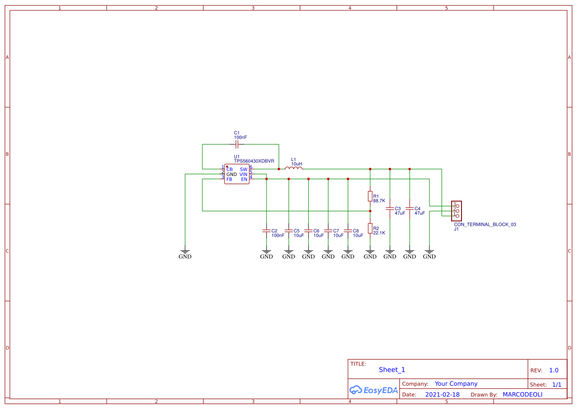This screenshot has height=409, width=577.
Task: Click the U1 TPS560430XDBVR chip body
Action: [x=237, y=174]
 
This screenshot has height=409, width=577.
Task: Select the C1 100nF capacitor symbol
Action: [x=237, y=144]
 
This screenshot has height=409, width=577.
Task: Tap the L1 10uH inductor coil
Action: [x=294, y=168]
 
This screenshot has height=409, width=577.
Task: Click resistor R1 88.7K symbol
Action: [x=370, y=196]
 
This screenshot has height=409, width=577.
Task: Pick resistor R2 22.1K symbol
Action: [x=370, y=228]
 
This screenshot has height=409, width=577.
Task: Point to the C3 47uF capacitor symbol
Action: [x=389, y=208]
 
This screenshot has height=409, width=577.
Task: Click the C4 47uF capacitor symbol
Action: [x=409, y=208]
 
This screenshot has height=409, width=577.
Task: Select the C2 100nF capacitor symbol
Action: [x=266, y=231]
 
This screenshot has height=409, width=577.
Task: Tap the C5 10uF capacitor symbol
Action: [x=289, y=231]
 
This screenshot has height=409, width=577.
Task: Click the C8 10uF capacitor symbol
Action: [x=348, y=231]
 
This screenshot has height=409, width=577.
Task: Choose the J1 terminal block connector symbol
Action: [x=457, y=210]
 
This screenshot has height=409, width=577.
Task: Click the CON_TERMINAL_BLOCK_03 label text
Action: [x=485, y=224]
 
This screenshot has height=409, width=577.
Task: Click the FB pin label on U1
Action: [x=230, y=179]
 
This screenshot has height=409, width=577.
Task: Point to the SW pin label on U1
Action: [x=243, y=169]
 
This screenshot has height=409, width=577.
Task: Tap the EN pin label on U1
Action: [x=244, y=179]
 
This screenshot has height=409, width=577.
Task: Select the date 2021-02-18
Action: [x=442, y=395]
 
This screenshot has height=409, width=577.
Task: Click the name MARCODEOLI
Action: [x=522, y=395]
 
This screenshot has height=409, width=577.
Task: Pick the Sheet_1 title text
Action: [x=392, y=370]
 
